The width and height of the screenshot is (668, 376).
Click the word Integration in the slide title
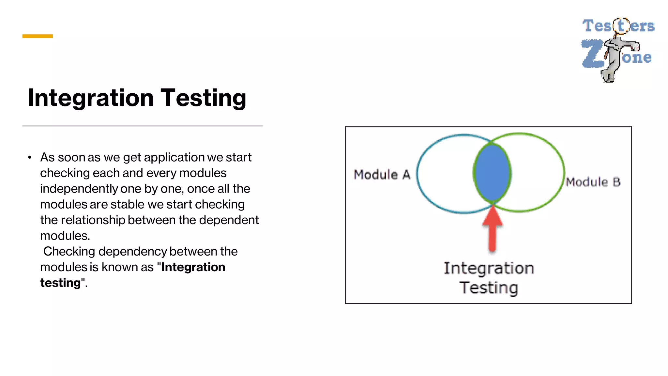(x=90, y=98)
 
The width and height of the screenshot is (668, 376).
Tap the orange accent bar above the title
(x=38, y=36)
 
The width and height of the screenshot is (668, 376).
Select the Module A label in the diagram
(x=382, y=175)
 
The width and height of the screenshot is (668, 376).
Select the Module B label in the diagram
(x=593, y=182)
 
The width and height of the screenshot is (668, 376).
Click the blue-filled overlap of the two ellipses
(x=492, y=173)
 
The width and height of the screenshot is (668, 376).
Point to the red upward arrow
(x=493, y=228)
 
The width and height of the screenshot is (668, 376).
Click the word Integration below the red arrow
(x=489, y=268)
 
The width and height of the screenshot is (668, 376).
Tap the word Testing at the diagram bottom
(x=489, y=288)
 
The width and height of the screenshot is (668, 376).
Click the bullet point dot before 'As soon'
(x=30, y=158)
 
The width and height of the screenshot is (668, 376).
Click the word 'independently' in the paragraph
(x=79, y=189)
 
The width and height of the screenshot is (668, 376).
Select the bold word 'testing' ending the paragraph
(x=60, y=283)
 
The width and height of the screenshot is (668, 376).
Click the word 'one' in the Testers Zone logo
(x=637, y=57)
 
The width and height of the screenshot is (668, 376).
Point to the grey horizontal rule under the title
(x=143, y=126)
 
